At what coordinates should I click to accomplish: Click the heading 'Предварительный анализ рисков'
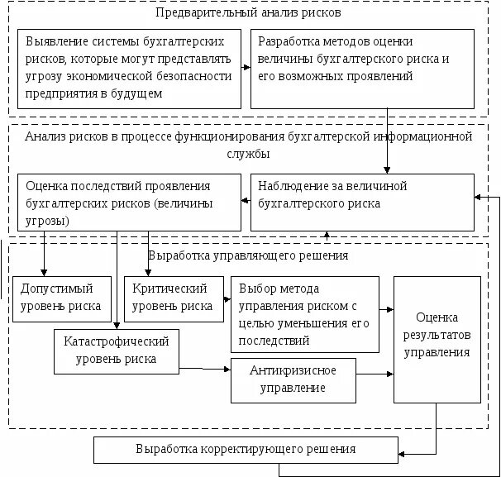tap(248, 13)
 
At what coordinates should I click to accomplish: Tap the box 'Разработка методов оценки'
tap(362, 69)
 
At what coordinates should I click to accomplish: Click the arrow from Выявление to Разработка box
tap(245, 69)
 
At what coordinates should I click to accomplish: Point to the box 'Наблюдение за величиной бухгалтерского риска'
tap(362, 202)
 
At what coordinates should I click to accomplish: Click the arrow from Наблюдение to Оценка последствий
tap(245, 201)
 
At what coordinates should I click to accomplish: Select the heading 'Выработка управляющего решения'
tap(248, 255)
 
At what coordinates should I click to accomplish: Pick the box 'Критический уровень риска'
tap(174, 298)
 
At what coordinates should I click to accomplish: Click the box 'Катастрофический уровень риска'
tap(116, 351)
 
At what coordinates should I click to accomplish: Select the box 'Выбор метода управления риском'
tap(305, 314)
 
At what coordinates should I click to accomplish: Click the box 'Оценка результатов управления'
tap(437, 339)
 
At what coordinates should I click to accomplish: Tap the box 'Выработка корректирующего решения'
tap(246, 450)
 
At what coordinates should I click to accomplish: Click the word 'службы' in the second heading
tap(248, 155)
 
